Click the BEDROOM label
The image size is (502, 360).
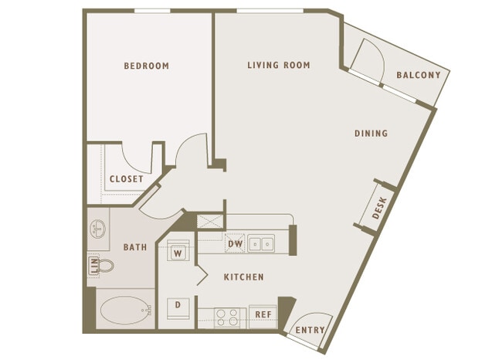click(146, 66)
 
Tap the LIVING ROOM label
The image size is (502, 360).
click(279, 66)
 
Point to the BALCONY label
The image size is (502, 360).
click(419, 75)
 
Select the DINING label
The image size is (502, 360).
click(371, 133)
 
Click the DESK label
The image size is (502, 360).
click(380, 208)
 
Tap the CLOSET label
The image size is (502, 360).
click(127, 179)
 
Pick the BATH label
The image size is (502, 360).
click(135, 247)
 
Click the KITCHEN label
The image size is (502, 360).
click(243, 277)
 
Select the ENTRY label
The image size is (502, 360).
click(310, 330)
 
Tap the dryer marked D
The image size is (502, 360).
click(178, 308)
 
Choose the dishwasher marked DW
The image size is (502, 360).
click(235, 244)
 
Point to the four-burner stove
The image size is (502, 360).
click(227, 318)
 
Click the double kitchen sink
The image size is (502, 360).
click(261, 244)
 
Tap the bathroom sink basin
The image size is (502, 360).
click(97, 229)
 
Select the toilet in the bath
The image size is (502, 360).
click(105, 266)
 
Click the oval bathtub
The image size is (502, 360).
click(125, 311)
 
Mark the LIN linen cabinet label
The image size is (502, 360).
click(94, 266)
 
